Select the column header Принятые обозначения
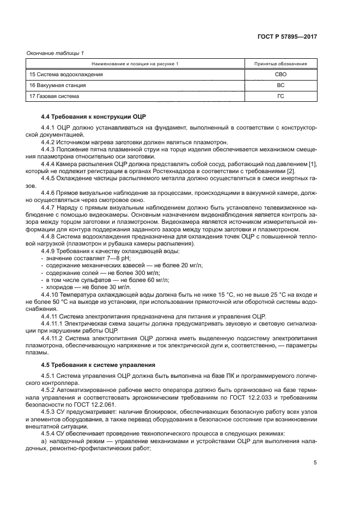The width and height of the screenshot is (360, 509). tap(280, 64)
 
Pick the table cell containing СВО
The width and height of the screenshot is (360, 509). tap(280, 74)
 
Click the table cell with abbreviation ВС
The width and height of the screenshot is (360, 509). tap(280, 85)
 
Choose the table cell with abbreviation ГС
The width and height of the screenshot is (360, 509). tap(280, 96)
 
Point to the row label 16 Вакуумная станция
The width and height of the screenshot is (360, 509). tap(57, 85)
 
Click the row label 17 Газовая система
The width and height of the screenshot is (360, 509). tap(54, 96)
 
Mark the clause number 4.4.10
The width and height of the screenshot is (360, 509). tap(52, 294)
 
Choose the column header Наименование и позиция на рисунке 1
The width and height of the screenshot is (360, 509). tap(135, 64)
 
